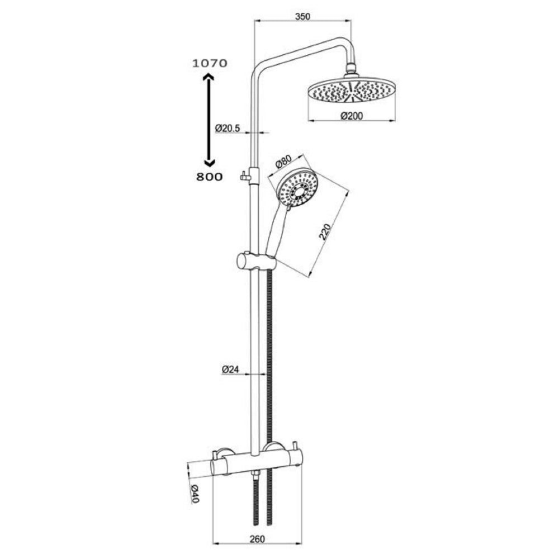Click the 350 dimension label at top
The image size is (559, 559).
point(302,16)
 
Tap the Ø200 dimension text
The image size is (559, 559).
point(352,116)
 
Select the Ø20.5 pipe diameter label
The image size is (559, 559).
point(228,128)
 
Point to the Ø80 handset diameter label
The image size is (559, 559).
point(285,163)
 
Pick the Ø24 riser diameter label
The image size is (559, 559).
point(230,369)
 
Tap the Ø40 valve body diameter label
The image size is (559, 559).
point(195,494)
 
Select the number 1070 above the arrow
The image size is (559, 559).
point(210,63)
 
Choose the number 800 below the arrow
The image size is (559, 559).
point(210,177)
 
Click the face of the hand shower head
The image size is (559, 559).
point(297,189)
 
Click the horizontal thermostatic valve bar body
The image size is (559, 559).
point(257,463)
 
